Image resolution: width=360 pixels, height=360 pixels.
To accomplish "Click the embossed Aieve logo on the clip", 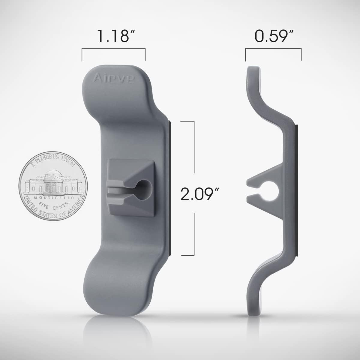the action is pos(113,78).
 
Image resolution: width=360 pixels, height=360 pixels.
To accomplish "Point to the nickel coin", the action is pos(53,186).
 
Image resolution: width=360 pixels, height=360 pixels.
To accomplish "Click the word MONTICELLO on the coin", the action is pos(54,197).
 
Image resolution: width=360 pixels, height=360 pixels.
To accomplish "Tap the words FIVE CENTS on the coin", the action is pos(54,205).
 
